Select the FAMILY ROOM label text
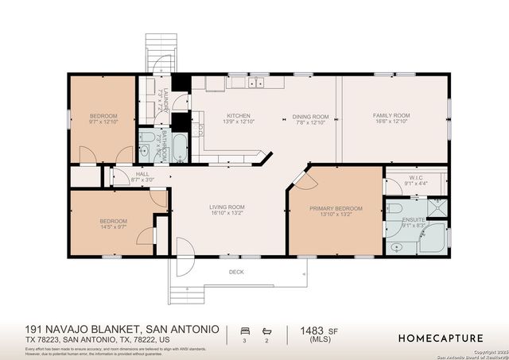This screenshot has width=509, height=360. (390, 116)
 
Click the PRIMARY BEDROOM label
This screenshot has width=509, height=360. (336, 208)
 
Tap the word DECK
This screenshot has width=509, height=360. (237, 272)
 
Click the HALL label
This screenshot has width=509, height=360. (142, 174)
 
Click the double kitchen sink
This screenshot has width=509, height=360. (255, 83)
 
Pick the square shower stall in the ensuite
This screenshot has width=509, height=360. (437, 208)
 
